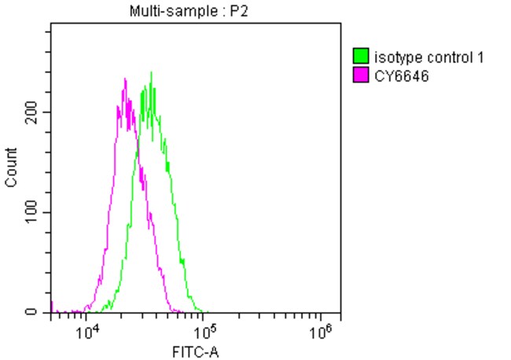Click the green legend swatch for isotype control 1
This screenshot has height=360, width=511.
(362, 57)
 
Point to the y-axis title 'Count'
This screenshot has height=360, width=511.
(12, 167)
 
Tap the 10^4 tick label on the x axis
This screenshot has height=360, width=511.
(89, 332)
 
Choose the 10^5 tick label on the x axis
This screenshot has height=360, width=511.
(204, 332)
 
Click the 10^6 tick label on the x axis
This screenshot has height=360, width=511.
(320, 332)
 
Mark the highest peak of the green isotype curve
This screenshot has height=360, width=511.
(151, 73)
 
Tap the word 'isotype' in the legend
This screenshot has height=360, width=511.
(395, 57)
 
